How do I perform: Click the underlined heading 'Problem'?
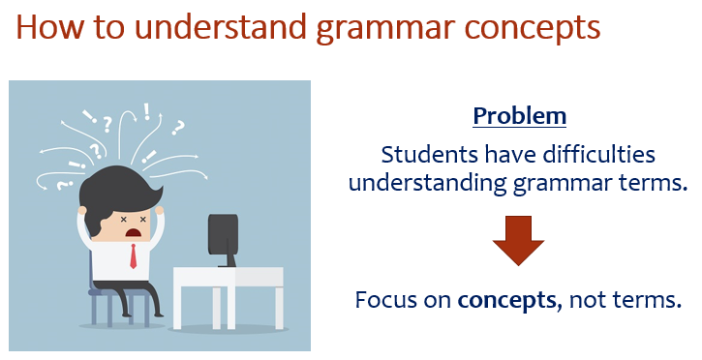coord(519,116)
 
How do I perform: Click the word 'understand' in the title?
coord(207,26)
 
